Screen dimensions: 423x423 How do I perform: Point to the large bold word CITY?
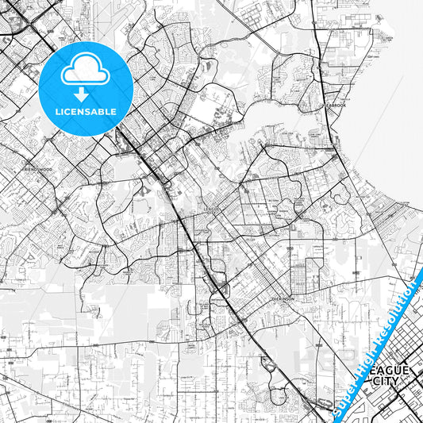click(386, 383)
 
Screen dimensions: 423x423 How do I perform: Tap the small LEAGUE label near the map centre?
click(210, 210)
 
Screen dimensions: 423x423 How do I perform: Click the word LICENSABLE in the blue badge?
click(86, 112)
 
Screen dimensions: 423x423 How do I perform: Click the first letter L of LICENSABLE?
click(57, 112)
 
